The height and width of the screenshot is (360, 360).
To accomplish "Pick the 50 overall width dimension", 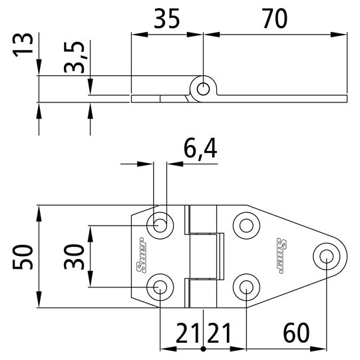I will point(23,257).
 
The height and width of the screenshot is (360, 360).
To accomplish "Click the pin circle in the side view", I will point(204,89).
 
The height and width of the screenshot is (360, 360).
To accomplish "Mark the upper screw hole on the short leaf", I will point(160,225).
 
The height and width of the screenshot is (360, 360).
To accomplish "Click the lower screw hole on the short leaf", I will point(160,287).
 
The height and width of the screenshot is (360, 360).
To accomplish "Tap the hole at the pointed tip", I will point(326,256).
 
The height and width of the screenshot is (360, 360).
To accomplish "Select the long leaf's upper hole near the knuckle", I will point(247,225).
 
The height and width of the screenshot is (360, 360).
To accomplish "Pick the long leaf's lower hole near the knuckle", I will point(247,287).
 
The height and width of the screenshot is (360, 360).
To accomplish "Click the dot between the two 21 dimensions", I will point(204,348).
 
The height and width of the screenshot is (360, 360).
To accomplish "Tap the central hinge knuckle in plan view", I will point(204,256).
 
